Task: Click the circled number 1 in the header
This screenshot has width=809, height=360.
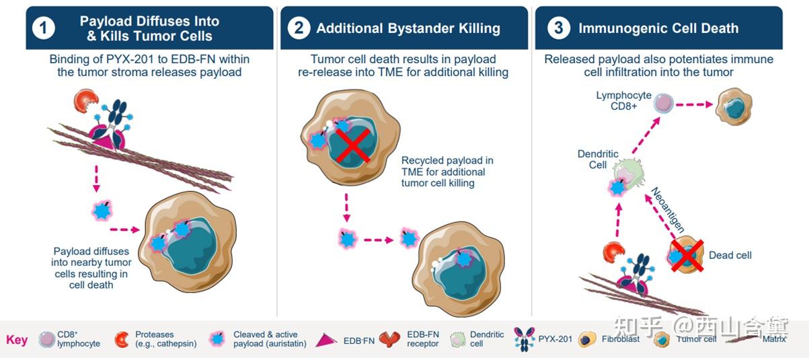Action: tap(44, 28)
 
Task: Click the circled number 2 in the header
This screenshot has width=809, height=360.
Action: tap(298, 28)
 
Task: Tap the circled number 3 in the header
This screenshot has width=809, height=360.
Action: tap(558, 28)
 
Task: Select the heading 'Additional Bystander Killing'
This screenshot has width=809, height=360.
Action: tap(408, 28)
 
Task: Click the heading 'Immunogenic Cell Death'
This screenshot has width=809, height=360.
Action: tap(658, 28)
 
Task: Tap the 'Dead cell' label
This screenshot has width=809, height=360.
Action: tap(730, 255)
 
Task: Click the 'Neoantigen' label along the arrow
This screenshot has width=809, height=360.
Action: tap(666, 209)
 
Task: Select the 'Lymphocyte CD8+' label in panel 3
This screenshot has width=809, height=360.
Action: tap(623, 101)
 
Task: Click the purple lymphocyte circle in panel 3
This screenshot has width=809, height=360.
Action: tap(664, 104)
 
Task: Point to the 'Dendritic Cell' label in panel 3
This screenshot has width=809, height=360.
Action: tap(597, 159)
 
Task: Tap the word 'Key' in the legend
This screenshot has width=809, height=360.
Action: tap(17, 339)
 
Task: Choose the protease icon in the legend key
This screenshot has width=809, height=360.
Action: tap(122, 339)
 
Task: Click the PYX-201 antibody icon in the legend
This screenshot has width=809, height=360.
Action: tap(525, 338)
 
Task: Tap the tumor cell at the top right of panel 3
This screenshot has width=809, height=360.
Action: tap(734, 106)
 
